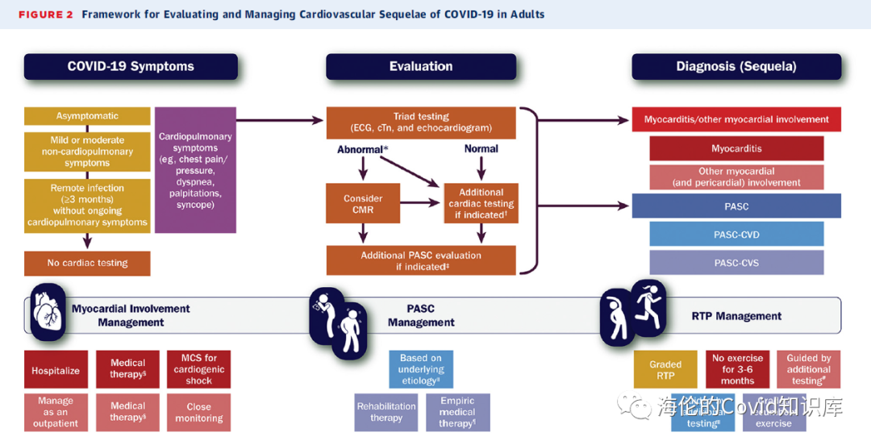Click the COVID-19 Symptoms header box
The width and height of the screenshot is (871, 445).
pos(131,67)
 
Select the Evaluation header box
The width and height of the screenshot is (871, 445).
pos(421,67)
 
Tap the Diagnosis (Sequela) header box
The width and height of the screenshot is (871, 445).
pos(736,67)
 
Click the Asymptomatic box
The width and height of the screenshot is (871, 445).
pos(87,116)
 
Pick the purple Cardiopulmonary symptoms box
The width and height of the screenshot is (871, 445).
pos(195,170)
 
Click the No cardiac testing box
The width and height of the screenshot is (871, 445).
pos(87,263)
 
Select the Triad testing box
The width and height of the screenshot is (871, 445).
pos(421,123)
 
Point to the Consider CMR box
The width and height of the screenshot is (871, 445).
pos(363,205)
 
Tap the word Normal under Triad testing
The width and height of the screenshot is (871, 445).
pos(481,149)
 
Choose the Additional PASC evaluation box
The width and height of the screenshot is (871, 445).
pos(421,261)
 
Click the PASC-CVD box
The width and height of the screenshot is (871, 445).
pos(736,235)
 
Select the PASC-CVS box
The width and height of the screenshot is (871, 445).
pos(736,263)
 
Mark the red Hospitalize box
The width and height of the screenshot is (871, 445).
pos(56,371)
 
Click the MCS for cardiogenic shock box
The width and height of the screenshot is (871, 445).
pos(198,369)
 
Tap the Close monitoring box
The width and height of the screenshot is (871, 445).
pos(198,413)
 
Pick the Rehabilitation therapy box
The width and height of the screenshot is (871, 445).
pos(386,412)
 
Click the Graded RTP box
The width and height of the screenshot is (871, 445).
pos(665,370)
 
